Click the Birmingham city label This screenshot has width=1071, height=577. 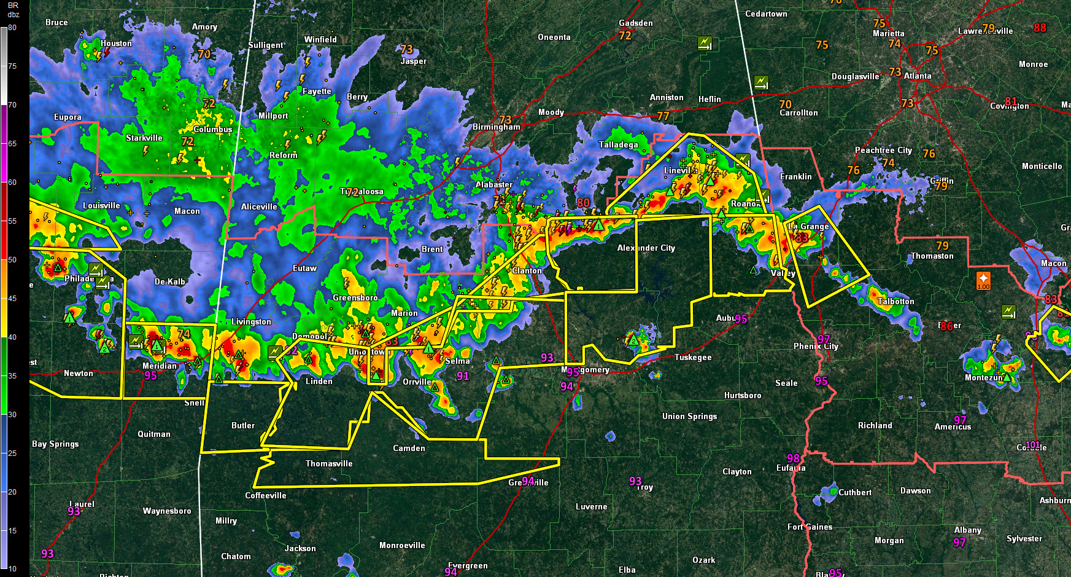[x=496, y=127]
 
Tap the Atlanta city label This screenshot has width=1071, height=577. [x=918, y=76]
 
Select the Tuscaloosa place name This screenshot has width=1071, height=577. [x=362, y=192]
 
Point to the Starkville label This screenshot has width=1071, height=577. [x=144, y=138]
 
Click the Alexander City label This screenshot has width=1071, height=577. [x=646, y=248]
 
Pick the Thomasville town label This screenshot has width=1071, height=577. [x=329, y=463]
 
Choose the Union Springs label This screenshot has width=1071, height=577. [x=689, y=416]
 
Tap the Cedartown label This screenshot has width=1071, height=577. [x=766, y=14]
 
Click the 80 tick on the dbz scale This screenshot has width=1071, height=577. [x=12, y=28]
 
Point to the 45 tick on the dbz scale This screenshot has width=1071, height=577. [x=12, y=299]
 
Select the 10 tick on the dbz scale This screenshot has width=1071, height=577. [x=12, y=569]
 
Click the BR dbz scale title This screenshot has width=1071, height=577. [x=13, y=10]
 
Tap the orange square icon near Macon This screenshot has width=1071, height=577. [x=983, y=280]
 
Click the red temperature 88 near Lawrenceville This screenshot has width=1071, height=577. [x=1040, y=28]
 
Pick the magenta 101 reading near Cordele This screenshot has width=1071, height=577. [x=1032, y=445]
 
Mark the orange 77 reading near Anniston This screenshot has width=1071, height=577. [x=663, y=116]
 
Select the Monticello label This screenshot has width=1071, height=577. [x=1042, y=166]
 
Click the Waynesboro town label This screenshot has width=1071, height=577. [x=167, y=511]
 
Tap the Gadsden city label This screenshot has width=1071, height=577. [x=636, y=23]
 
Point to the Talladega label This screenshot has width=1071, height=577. [x=618, y=144]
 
